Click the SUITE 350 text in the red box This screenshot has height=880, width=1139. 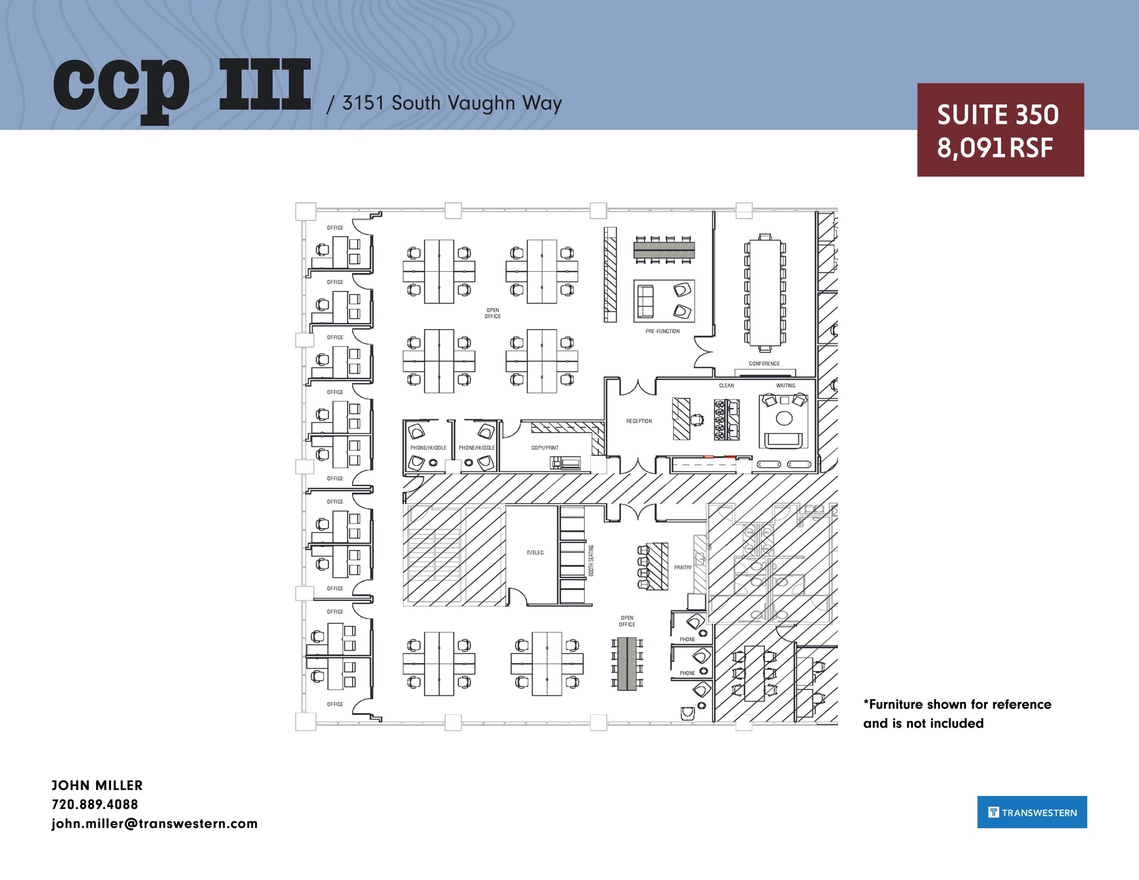coord(998,115)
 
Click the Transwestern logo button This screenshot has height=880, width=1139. coord(1032,812)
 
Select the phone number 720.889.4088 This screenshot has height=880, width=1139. coord(95,804)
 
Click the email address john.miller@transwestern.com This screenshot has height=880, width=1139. coord(155,823)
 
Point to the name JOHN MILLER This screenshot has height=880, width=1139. coord(97,785)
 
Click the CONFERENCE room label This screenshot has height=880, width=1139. coord(764,364)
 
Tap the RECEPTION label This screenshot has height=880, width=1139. coord(639,421)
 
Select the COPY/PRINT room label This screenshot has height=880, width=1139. coord(544,448)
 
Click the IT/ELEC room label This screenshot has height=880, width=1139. coord(535,553)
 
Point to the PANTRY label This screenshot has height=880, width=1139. coord(682,568)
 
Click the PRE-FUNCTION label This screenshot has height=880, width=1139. coord(662,331)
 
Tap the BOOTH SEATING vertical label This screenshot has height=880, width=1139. coord(591,560)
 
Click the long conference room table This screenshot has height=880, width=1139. coord(764,292)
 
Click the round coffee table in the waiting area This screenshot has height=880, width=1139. coord(784,418)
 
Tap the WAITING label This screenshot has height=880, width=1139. coord(785,385)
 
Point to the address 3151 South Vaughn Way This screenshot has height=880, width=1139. coord(451,103)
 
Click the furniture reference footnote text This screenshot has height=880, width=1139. coord(957,714)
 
